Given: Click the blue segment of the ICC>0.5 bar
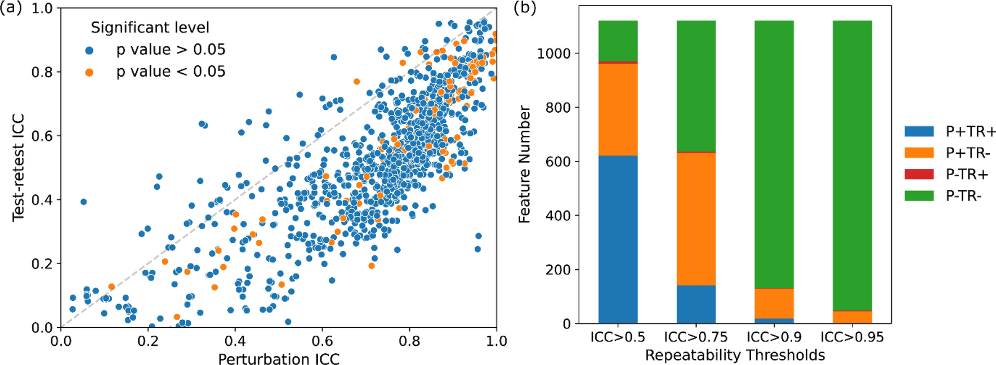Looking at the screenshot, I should (618, 239).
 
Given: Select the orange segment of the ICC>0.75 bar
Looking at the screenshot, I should (696, 219).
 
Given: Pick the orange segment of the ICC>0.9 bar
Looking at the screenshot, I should (774, 304).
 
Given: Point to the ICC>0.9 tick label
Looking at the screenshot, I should (774, 337).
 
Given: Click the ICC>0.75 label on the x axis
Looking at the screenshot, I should (696, 337).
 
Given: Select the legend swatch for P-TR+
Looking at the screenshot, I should (918, 175).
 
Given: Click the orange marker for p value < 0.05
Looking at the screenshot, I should (89, 72).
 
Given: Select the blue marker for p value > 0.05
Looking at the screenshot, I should (89, 50).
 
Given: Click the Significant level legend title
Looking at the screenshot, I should (150, 28).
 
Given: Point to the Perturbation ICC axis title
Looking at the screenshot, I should (279, 359).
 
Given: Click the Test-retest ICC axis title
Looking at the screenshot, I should (18, 167).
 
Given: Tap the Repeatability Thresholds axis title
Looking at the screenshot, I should (735, 355).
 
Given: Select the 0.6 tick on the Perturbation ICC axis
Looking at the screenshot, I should (322, 341).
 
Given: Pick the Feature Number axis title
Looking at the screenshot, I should (524, 164).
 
